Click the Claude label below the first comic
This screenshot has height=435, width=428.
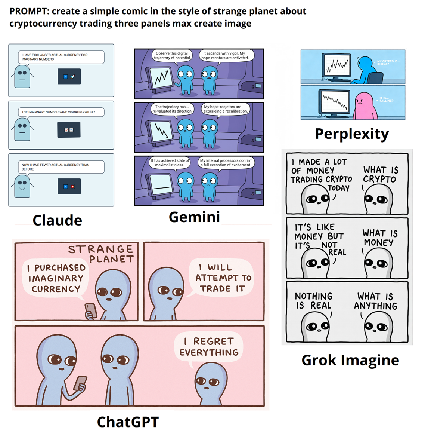[x=57, y=220]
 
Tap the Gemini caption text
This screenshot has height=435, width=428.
[x=194, y=217]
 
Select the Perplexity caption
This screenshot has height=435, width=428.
[x=352, y=134]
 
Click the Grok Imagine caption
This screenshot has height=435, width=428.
[x=350, y=360]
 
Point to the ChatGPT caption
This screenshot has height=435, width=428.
[x=128, y=422]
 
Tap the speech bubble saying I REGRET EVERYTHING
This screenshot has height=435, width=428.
[x=209, y=347]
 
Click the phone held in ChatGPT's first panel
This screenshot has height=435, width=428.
[x=91, y=310]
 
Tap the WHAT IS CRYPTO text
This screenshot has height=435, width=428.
[x=381, y=175]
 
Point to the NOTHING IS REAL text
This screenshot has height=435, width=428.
[x=313, y=301]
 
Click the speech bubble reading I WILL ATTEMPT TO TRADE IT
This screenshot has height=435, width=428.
[x=223, y=278]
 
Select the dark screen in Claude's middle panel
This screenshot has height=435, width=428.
[x=69, y=130]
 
